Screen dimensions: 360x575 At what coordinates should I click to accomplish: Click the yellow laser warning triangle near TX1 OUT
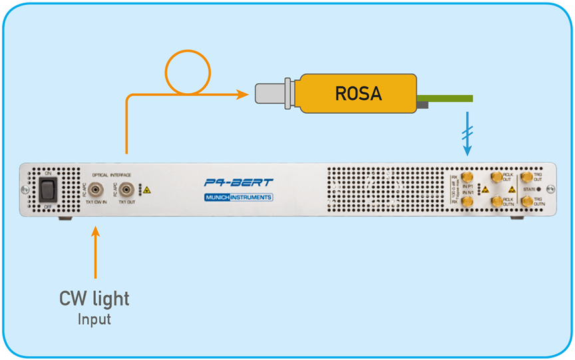[146, 190]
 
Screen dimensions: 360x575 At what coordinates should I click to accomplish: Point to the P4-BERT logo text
[238, 182]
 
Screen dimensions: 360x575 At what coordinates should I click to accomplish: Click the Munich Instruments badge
[238, 198]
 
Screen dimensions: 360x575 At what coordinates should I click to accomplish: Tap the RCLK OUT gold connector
[496, 177]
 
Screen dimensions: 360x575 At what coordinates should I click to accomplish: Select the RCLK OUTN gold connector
[496, 201]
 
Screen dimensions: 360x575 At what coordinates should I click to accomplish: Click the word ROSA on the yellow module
[358, 94]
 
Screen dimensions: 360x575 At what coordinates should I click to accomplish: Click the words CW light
[95, 299]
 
